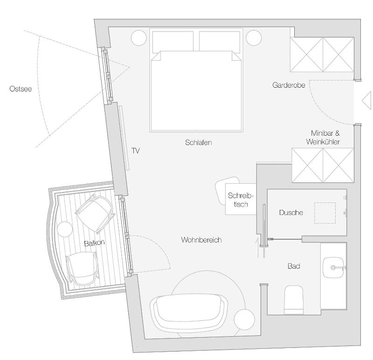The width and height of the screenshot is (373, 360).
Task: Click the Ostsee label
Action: (21, 89)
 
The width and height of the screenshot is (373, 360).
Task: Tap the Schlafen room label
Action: (198, 143)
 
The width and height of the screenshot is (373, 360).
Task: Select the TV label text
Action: (136, 151)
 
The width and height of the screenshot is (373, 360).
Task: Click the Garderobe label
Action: (289, 85)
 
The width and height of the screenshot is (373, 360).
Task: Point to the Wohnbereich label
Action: (201, 240)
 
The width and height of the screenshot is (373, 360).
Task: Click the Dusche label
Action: (291, 213)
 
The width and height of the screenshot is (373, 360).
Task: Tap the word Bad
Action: (294, 266)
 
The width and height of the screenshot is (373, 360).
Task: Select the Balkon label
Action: (94, 243)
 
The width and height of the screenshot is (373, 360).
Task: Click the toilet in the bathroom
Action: (294, 299)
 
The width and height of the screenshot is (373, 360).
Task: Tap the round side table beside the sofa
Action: (245, 320)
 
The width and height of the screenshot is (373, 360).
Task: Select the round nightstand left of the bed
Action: (139, 38)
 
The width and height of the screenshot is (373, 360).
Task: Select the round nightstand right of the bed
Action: (254, 38)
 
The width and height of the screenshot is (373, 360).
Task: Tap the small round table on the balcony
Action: (64, 229)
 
